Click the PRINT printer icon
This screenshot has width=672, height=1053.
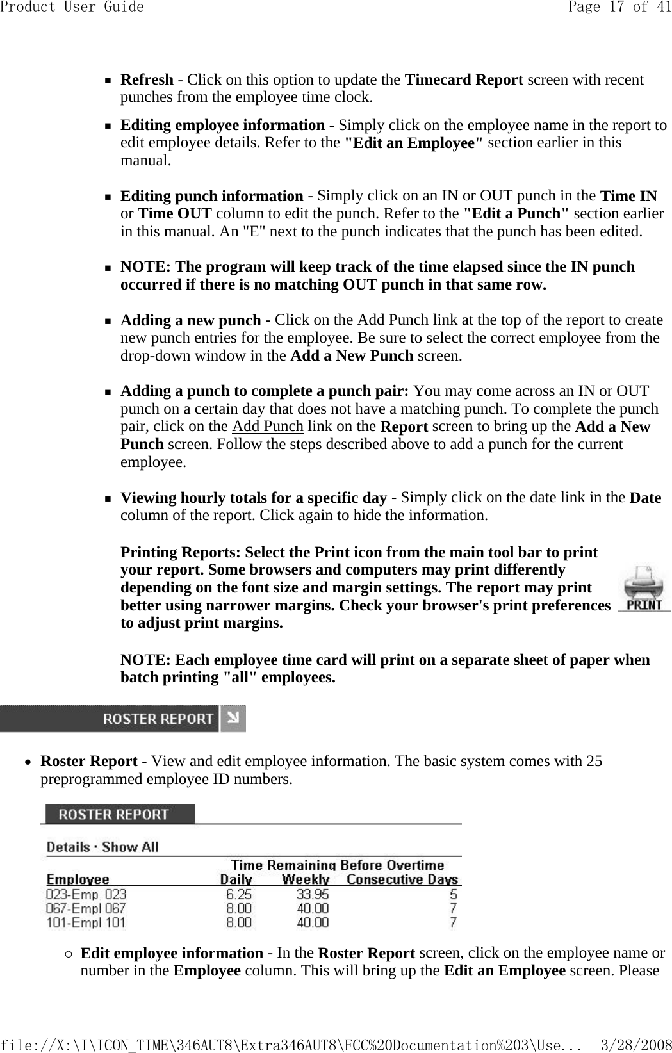(x=644, y=589)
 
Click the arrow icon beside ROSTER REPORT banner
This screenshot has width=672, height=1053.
(x=233, y=719)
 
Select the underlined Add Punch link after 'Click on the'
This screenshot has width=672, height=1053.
(x=393, y=320)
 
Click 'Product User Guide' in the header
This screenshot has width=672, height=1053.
(x=72, y=7)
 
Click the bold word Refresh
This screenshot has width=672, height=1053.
(x=147, y=79)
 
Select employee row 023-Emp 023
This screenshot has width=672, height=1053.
(x=86, y=894)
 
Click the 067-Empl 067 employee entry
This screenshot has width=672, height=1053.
(x=86, y=908)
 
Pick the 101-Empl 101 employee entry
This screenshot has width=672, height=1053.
(x=86, y=923)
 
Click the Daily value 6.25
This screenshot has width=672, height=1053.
(x=239, y=894)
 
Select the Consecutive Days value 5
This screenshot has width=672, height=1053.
(x=454, y=894)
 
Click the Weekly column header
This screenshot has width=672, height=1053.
(x=306, y=879)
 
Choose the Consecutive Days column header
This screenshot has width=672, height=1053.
(x=402, y=879)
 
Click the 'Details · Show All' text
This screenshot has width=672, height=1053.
(x=102, y=847)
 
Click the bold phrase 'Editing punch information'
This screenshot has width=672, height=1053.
(x=212, y=195)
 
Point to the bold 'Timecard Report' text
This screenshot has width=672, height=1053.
(x=464, y=79)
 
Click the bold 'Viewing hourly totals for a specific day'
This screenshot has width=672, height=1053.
(x=254, y=498)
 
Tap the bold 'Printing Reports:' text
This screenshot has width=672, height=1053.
(x=181, y=552)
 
